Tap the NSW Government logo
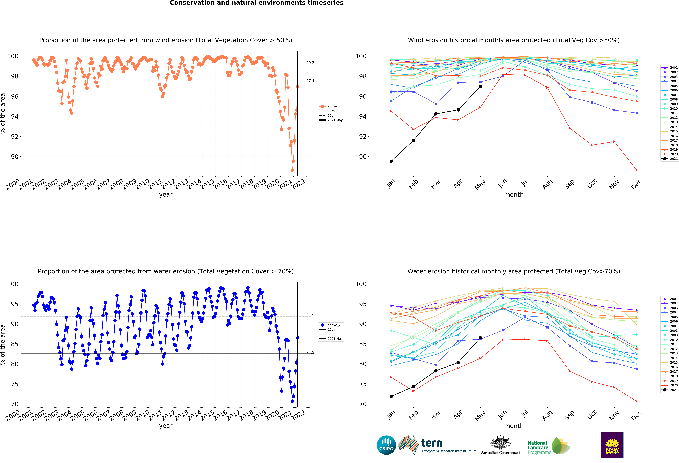pyautogui.click(x=612, y=445)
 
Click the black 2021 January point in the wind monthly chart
pyautogui.click(x=391, y=161)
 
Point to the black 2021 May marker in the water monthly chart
pyautogui.click(x=480, y=338)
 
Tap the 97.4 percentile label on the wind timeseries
pyautogui.click(x=310, y=81)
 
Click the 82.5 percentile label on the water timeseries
pyautogui.click(x=310, y=352)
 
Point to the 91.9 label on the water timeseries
pyautogui.click(x=310, y=315)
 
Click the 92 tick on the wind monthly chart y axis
pyautogui.click(x=363, y=137)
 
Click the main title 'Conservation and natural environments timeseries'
pyautogui.click(x=257, y=3)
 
